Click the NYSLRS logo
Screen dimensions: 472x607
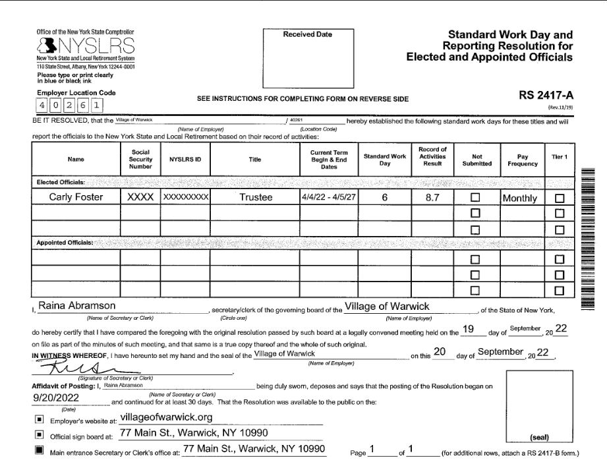[x=86, y=46]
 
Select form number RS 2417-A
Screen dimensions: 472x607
[x=546, y=96]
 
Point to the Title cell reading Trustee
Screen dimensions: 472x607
[x=254, y=197]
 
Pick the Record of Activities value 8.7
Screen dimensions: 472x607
[x=432, y=197]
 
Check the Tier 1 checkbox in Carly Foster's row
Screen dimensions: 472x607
[x=560, y=198]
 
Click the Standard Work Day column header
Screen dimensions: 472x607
[x=385, y=160]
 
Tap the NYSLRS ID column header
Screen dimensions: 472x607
[x=185, y=160]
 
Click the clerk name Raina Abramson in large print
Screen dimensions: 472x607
[x=77, y=306]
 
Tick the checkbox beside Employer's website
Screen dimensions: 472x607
[x=39, y=419]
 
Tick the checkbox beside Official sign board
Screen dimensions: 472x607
[x=39, y=435]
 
